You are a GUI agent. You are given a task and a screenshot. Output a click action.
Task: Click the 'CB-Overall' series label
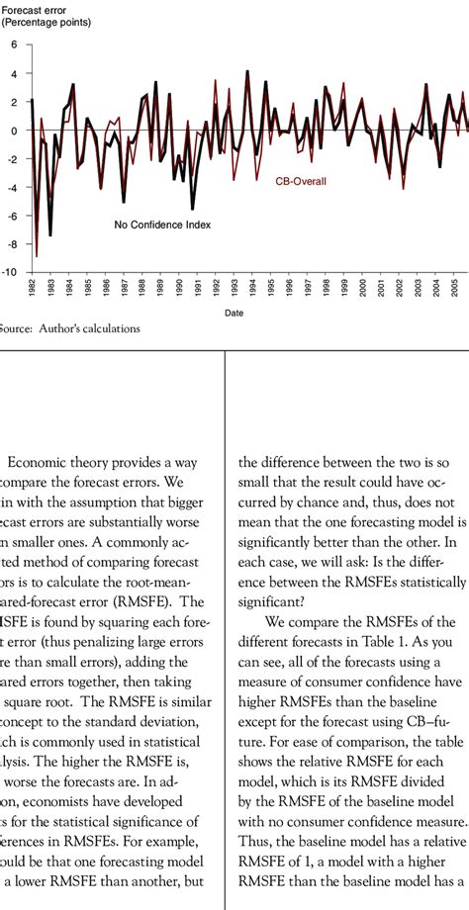tap(301, 181)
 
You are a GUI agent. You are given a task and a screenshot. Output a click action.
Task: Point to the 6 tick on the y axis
tap(14, 45)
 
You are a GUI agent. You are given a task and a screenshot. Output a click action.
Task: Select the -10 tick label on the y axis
tap(11, 272)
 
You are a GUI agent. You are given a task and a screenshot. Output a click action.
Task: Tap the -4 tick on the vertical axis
tap(12, 187)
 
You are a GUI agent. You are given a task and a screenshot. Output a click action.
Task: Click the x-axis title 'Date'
tap(234, 313)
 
